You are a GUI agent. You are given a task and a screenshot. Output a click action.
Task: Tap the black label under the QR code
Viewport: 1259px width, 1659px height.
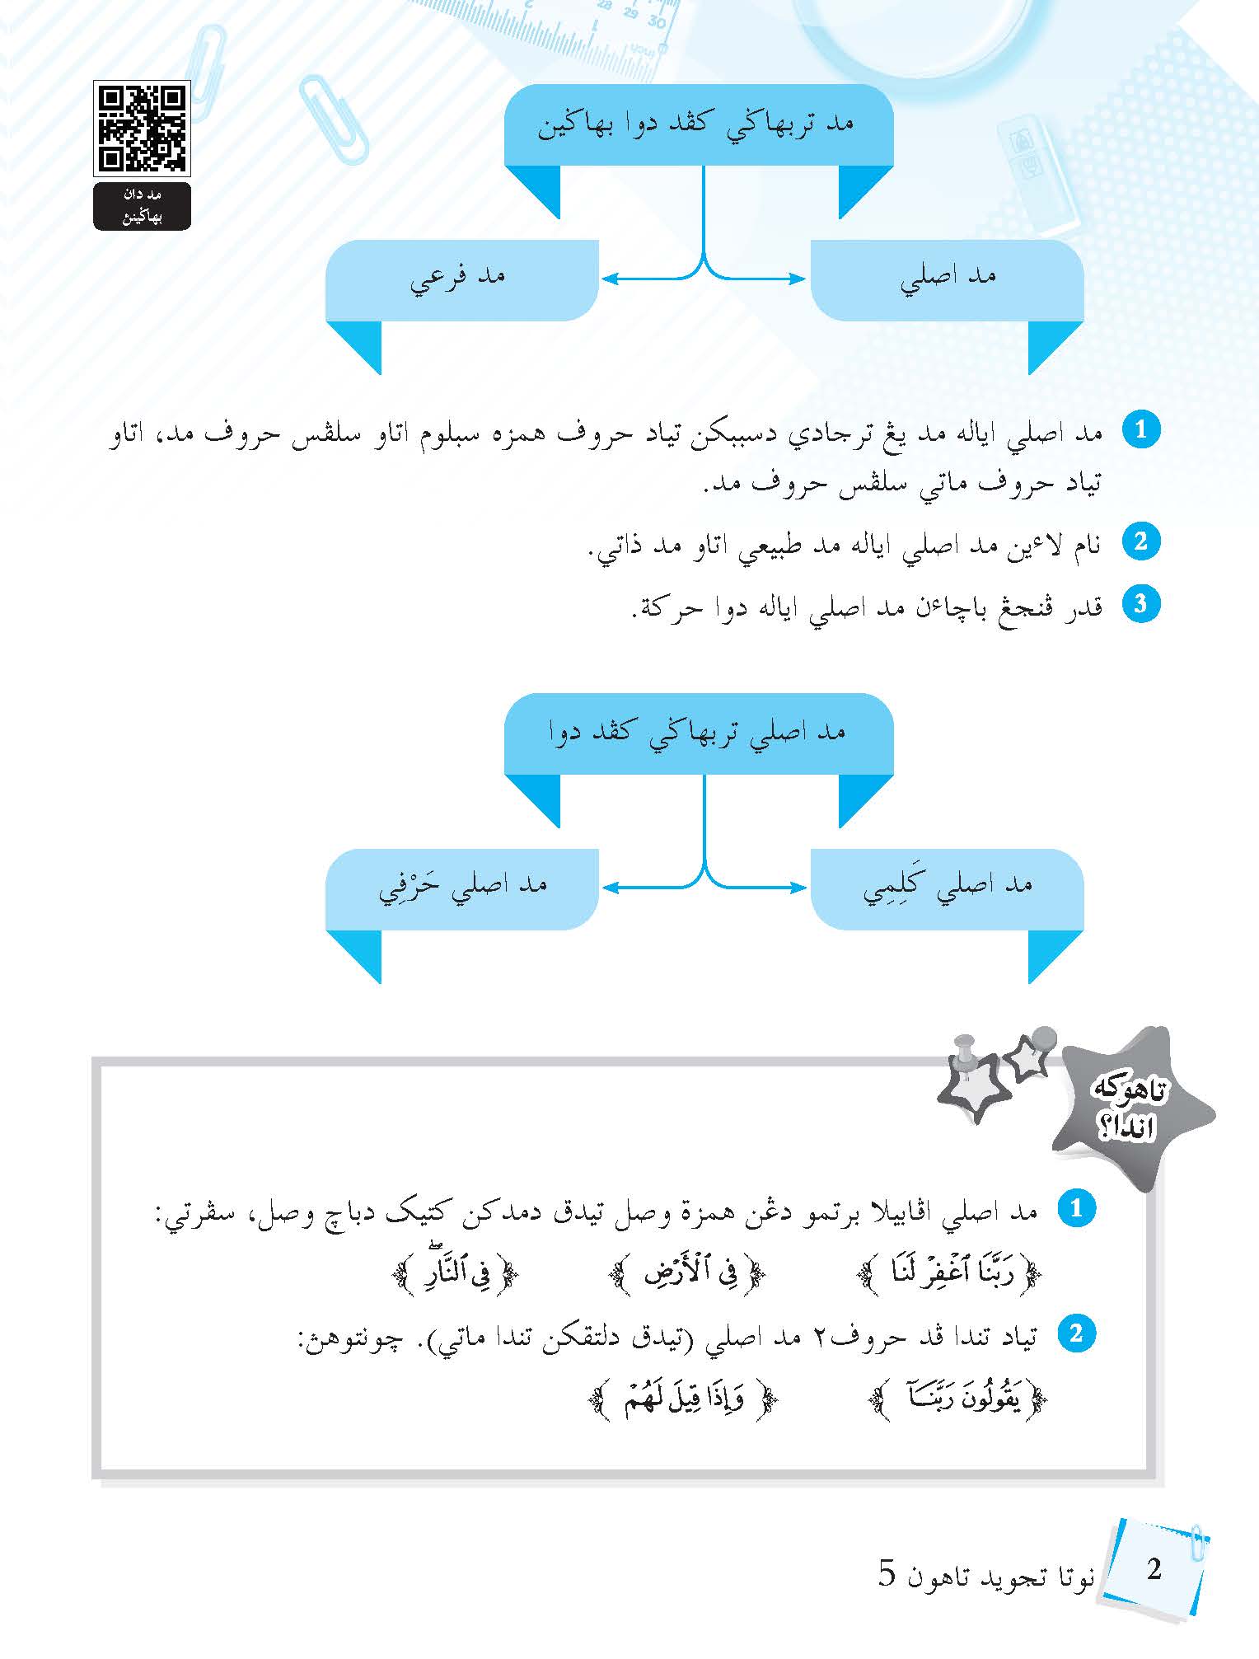[142, 206]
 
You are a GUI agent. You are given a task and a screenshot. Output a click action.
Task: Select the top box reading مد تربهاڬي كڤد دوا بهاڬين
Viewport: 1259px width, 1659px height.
[699, 124]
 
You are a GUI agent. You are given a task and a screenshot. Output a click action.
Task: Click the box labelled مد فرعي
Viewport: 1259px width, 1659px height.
[461, 279]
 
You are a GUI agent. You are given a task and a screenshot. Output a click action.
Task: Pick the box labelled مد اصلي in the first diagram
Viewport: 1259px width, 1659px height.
[948, 279]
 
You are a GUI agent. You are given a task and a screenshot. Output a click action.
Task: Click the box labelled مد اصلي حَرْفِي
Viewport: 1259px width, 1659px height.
[461, 888]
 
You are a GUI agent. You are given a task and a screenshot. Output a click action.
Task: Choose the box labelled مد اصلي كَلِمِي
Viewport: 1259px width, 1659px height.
[948, 888]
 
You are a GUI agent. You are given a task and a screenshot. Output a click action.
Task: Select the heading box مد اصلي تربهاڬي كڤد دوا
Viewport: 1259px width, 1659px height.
[699, 733]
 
